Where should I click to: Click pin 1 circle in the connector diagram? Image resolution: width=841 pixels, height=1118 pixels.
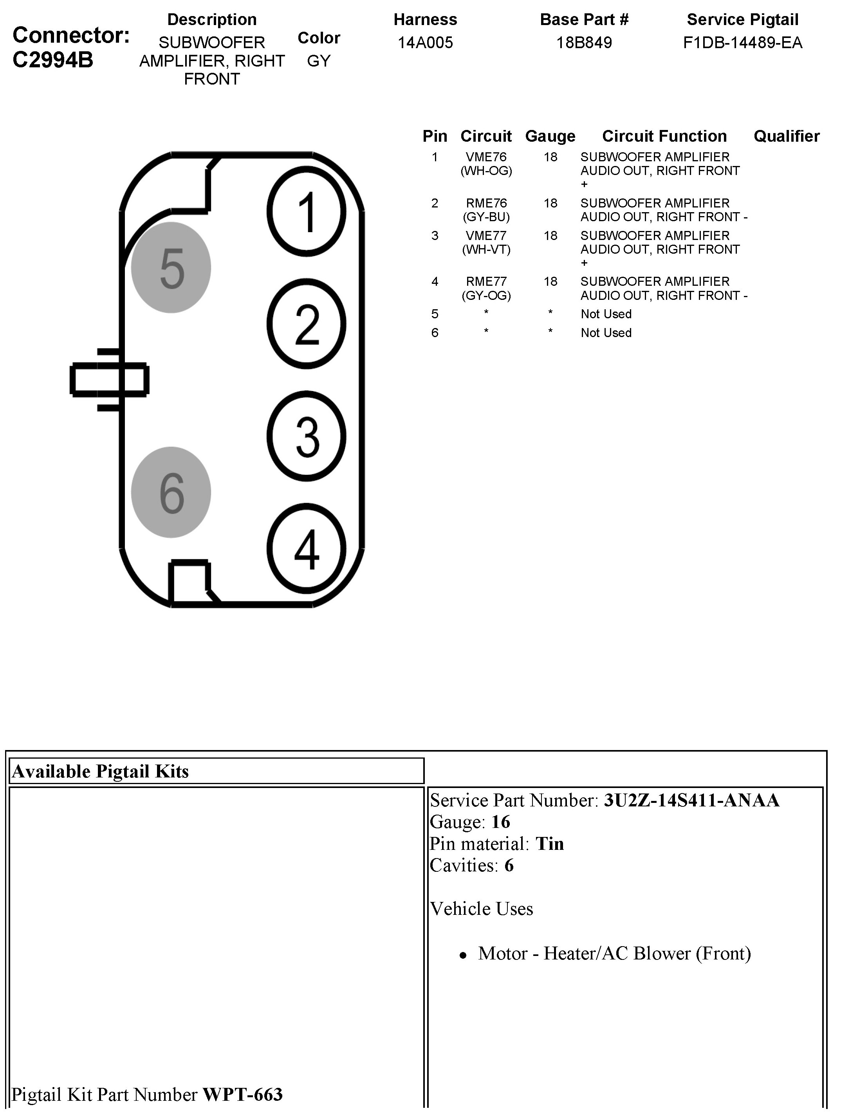[x=306, y=211]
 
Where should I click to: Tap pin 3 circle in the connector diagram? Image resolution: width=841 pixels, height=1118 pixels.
[x=306, y=436]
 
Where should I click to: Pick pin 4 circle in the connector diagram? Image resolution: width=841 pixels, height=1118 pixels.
[x=306, y=548]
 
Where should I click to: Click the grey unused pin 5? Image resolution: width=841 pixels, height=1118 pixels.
[x=171, y=267]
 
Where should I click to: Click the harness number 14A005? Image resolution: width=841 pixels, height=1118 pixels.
[x=425, y=42]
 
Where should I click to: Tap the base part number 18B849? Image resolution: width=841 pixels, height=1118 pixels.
[x=584, y=42]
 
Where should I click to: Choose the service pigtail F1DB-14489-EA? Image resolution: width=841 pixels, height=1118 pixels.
[x=742, y=42]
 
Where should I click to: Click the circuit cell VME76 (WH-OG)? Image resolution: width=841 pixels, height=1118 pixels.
[x=486, y=164]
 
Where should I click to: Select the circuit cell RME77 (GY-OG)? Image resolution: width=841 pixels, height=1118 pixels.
[x=486, y=288]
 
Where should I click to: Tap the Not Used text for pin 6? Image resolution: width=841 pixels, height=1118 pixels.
[x=606, y=333]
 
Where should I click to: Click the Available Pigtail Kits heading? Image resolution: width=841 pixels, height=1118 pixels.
[x=100, y=771]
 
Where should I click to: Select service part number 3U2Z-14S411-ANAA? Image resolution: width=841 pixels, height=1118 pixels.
[x=691, y=800]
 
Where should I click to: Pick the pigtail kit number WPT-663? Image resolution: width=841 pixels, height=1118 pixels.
[x=243, y=1094]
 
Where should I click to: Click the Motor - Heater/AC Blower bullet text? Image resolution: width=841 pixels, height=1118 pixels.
[x=614, y=953]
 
